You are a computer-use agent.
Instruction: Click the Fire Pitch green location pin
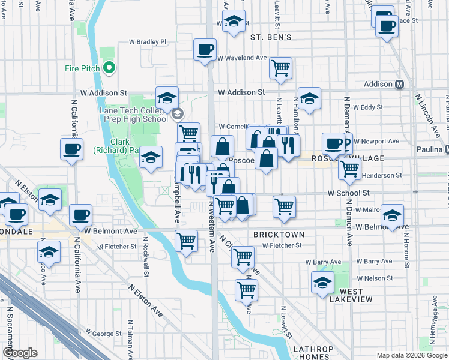pos(109,68)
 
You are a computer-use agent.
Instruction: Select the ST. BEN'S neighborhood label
pos(270,37)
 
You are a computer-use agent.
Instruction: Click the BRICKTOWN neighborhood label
pos(279,235)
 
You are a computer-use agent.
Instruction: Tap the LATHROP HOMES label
pos(309,353)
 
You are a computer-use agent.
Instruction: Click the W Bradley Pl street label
pos(147,42)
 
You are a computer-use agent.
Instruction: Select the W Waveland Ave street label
pos(242,58)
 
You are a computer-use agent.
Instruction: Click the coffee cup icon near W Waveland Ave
pos(205,49)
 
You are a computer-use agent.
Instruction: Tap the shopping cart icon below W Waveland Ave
pos(280,68)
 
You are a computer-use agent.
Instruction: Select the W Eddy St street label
pos(368,107)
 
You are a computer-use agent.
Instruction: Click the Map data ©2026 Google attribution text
pos(411,355)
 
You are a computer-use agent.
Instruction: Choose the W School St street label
pos(349,193)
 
